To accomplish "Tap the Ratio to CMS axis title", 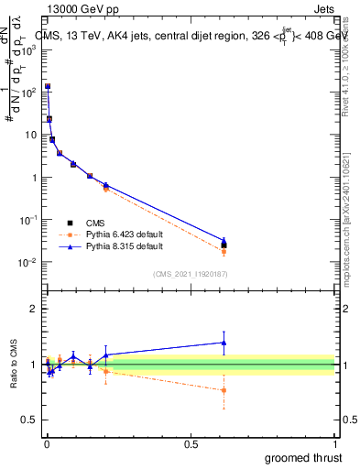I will (x=14, y=365).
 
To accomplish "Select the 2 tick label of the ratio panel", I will (x=34, y=310).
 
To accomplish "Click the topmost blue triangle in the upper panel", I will (x=48, y=86).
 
